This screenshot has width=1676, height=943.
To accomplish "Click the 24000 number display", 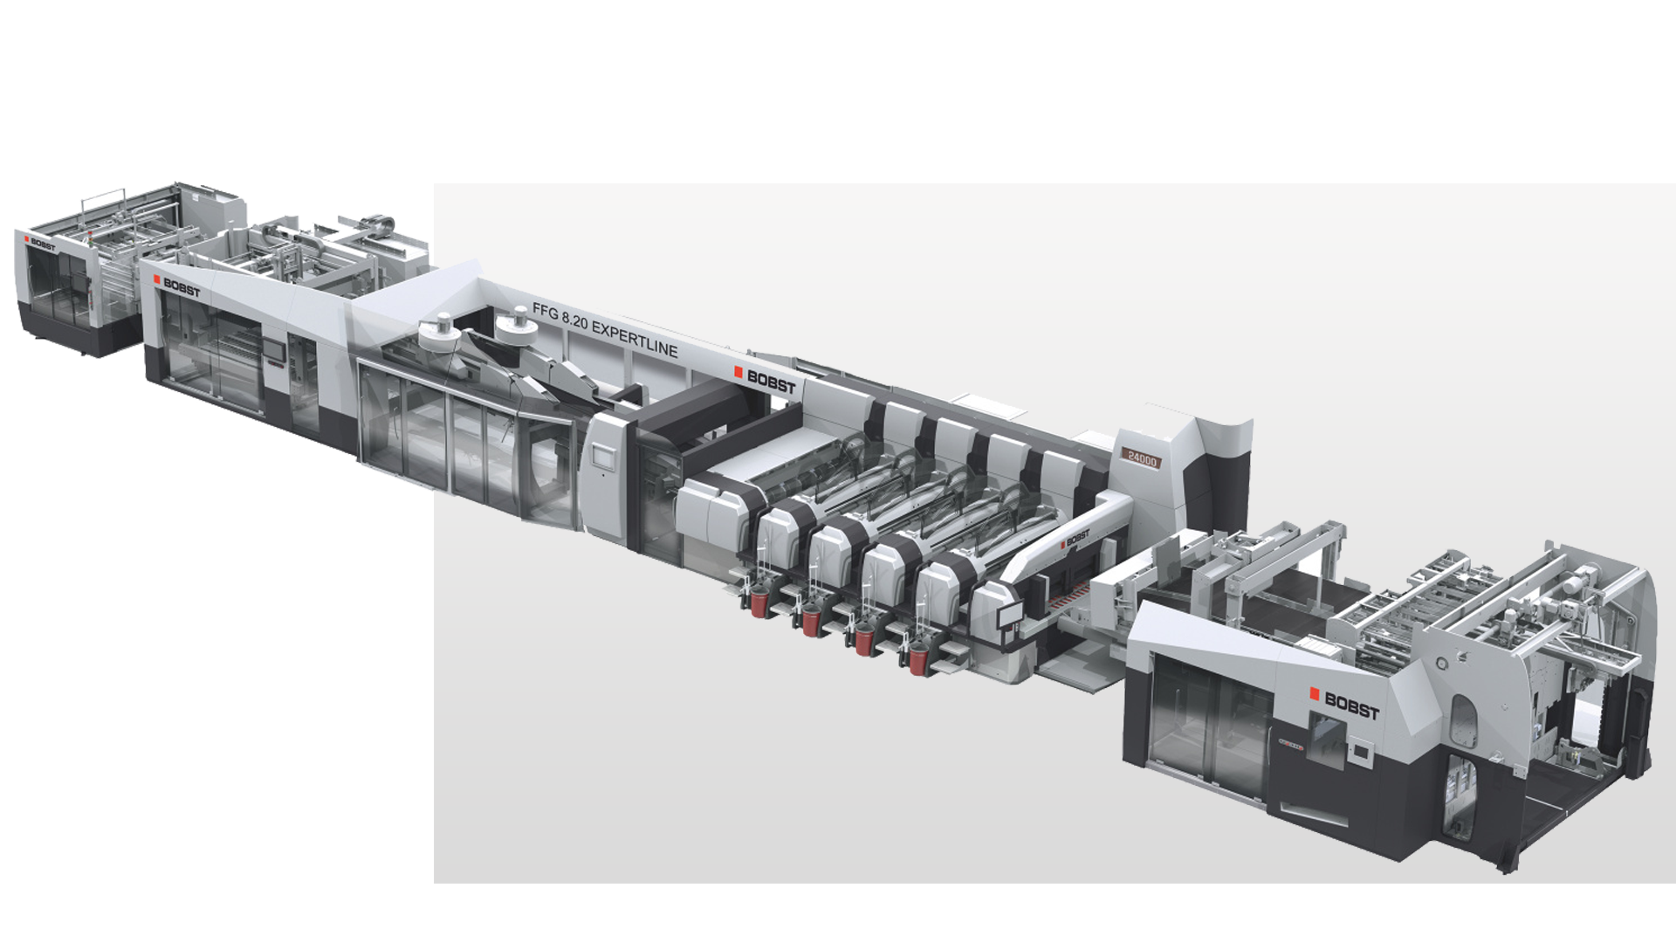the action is click(x=1141, y=458).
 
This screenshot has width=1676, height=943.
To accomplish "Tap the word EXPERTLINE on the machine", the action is click(x=635, y=338).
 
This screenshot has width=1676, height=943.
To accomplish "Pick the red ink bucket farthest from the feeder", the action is click(x=917, y=659).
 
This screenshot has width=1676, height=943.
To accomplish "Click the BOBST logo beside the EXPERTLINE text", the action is click(x=765, y=380).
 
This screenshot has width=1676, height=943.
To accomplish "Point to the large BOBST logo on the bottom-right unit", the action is click(x=1344, y=703).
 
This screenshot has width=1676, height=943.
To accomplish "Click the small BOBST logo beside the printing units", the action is click(x=1075, y=538).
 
